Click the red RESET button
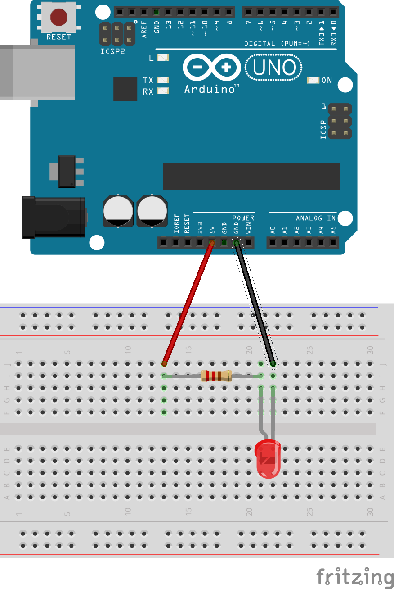(58, 17)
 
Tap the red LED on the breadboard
(268, 459)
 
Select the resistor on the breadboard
(216, 376)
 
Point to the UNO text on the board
(274, 68)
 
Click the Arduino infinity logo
(212, 68)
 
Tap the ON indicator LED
(313, 81)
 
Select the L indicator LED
(163, 58)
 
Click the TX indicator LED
(163, 80)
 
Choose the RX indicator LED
(163, 91)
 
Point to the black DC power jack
(54, 217)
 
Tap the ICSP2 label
(112, 51)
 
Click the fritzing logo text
(355, 577)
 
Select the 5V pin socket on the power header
(211, 243)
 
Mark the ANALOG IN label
(316, 218)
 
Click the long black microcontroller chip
(251, 177)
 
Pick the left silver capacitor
(118, 211)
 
